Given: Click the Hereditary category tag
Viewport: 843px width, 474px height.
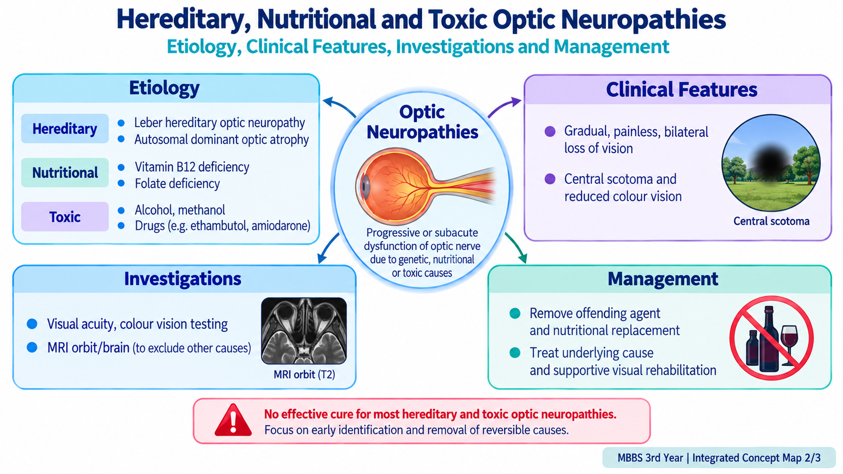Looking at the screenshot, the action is [65, 129].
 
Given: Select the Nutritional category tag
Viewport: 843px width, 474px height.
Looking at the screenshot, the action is [65, 173].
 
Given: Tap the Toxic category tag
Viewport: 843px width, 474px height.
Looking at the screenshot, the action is [65, 216].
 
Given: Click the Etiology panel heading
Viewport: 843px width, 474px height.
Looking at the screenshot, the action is [164, 88].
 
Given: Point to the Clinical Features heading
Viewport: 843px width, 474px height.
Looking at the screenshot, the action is [682, 90].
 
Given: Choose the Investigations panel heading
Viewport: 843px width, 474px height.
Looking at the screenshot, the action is [182, 279].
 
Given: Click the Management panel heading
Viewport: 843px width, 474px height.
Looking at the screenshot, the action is [663, 279].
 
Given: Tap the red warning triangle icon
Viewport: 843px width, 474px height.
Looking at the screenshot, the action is [233, 421].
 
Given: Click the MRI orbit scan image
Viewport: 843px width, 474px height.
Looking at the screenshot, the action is [303, 331].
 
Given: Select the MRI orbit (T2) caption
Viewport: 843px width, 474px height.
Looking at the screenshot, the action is [304, 374].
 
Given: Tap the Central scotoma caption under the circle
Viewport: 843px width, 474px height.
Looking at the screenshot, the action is [771, 221].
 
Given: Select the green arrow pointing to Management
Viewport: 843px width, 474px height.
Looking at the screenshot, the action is [516, 248].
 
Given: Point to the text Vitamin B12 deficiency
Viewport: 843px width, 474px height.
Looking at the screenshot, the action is [192, 166].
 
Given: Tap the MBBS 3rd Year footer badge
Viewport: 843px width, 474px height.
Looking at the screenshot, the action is [719, 458].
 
